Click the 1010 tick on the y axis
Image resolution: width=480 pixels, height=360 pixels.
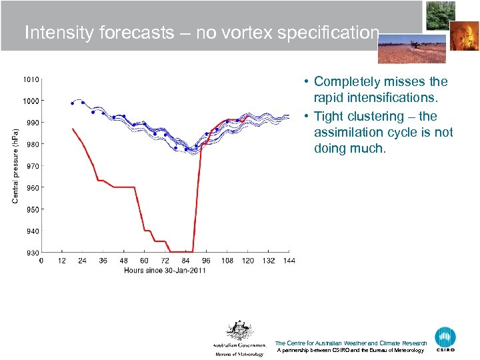click(x=31, y=79)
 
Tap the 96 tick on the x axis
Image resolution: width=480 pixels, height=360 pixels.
click(x=206, y=261)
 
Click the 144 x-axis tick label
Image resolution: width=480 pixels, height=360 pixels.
click(x=288, y=261)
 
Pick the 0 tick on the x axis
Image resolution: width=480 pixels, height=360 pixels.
click(x=41, y=261)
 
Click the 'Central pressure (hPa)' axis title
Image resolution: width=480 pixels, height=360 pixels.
click(x=15, y=165)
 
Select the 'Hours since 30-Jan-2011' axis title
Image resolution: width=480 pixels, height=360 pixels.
click(x=165, y=270)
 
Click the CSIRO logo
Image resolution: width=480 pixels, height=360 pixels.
click(x=445, y=339)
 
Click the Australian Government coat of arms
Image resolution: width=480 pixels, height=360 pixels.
click(x=239, y=331)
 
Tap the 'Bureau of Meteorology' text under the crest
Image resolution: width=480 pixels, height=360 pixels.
click(x=239, y=354)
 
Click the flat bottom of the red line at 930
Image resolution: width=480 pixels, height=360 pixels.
click(x=181, y=252)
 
